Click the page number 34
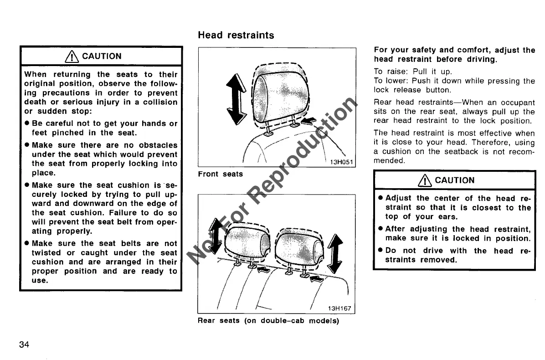click(24, 344)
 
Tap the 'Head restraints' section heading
click(236, 35)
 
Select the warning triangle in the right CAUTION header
click(427, 180)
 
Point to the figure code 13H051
click(339, 162)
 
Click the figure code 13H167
click(339, 308)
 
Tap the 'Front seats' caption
click(220, 174)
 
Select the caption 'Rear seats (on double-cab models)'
click(268, 320)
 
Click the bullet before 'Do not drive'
click(380, 251)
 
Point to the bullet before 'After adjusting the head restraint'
click(380, 229)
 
